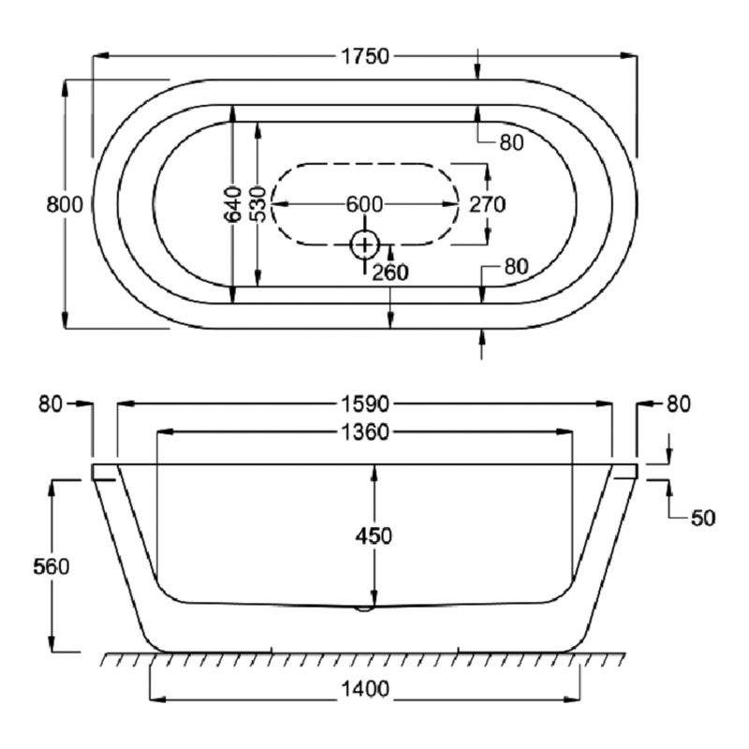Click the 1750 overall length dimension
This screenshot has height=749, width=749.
tap(363, 56)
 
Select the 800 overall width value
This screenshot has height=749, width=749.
tap(66, 204)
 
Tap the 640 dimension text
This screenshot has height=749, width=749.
tap(233, 204)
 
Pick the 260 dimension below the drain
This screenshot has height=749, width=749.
tap(390, 272)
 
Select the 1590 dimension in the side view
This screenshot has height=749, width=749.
tap(364, 404)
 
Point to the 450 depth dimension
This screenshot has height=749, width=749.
tap(374, 536)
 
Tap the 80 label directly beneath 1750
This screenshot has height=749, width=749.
tap(510, 142)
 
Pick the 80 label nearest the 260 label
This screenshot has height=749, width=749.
tap(517, 266)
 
